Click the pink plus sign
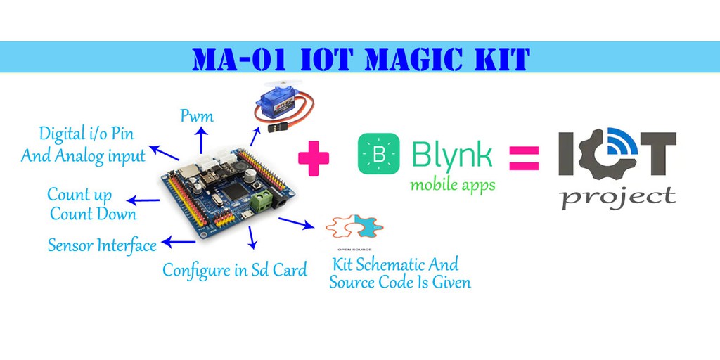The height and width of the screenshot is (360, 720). tap(314, 157)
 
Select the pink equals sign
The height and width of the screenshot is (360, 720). tap(524, 158)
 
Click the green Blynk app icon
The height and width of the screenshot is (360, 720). tap(379, 153)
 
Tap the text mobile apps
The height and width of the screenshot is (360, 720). tap(453, 185)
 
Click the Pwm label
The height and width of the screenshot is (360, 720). tap(197, 116)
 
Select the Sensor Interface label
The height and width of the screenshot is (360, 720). tap(102, 245)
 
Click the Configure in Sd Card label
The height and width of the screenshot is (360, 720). tap(235, 269)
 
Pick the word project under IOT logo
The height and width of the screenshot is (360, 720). tap(618, 197)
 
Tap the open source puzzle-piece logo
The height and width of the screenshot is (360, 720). tap(354, 226)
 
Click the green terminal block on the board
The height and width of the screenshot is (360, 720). tap(262, 202)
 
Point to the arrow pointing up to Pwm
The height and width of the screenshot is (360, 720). tap(201, 140)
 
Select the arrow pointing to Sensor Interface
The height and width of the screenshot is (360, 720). tap(179, 242)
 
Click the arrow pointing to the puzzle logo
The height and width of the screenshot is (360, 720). tap(296, 223)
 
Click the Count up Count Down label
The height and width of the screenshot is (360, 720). tap(92, 205)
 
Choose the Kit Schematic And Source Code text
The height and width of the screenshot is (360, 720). tap(400, 273)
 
